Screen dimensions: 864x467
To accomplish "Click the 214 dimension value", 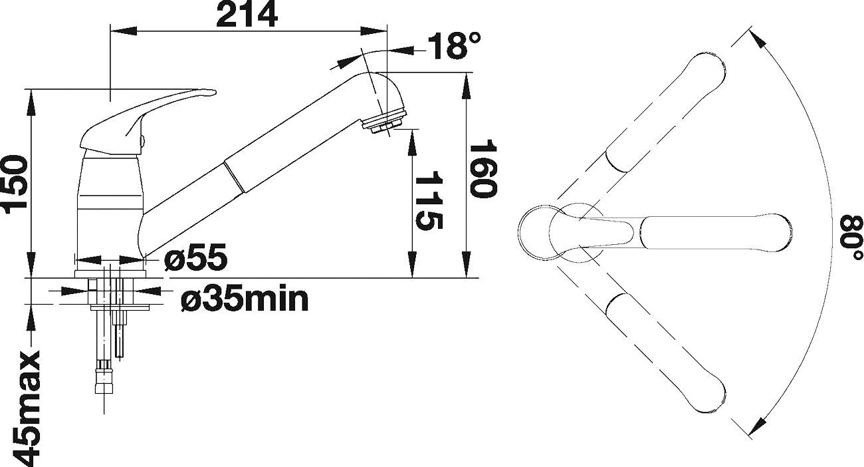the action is [247, 14].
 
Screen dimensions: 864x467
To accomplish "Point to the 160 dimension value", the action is [483, 169].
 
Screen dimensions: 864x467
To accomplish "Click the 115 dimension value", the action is [429, 201].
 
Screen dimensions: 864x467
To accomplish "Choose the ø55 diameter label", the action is [195, 257].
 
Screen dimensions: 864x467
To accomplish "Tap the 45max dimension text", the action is [26, 409].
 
